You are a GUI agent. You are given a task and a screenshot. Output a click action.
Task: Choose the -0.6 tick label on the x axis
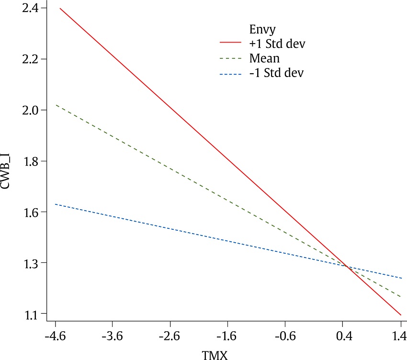coord(285,337)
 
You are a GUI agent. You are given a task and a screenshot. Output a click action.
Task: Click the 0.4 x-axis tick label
coord(343,337)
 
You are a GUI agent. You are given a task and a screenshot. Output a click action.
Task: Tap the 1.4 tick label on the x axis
coord(400,337)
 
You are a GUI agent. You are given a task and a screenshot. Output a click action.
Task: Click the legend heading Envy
coord(260,29)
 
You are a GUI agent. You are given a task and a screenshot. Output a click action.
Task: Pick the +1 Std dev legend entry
coord(277,44)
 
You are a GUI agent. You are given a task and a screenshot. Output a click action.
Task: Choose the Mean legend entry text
coord(264,58)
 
